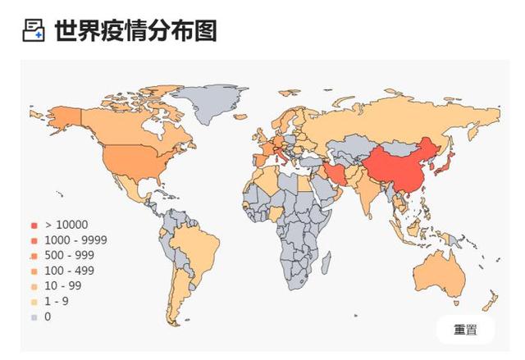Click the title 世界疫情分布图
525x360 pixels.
[x=135, y=31]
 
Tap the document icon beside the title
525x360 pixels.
[x=33, y=31]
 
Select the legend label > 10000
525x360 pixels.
[x=66, y=225]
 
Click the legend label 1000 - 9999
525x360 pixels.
[x=75, y=240]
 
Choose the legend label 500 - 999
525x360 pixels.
[x=70, y=255]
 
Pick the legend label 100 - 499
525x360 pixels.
[x=70, y=271]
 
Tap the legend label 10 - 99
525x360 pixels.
[x=64, y=285]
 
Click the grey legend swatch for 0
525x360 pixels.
[x=34, y=317]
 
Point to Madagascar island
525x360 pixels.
[x=326, y=263]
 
